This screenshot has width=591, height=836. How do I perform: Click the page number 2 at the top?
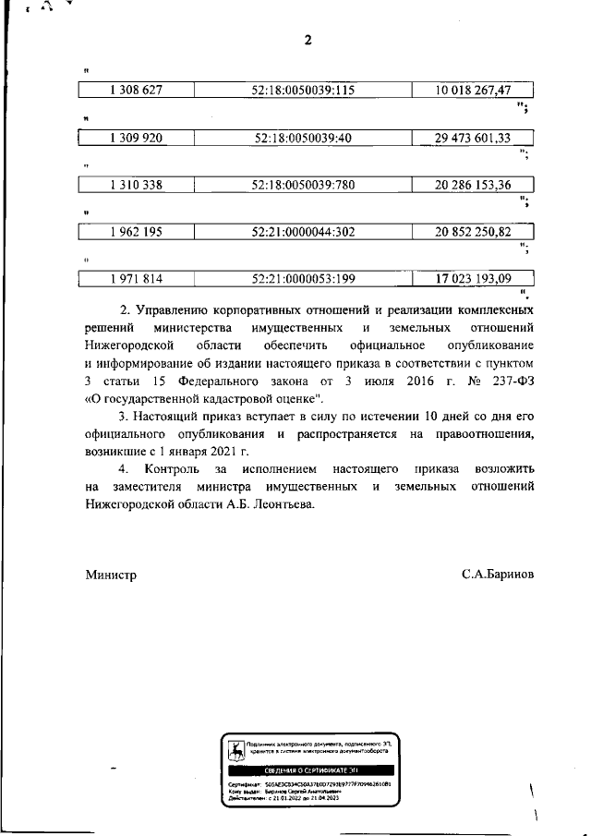(308, 39)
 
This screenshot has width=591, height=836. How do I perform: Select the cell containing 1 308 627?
(136, 91)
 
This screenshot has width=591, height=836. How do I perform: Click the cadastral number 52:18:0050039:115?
(303, 91)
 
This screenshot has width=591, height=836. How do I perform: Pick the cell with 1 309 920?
(136, 138)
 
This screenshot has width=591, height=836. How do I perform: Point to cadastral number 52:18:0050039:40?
(303, 138)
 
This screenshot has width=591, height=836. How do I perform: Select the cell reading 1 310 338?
(136, 185)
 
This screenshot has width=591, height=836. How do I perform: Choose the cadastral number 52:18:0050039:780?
(303, 185)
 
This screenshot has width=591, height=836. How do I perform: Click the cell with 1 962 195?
(136, 232)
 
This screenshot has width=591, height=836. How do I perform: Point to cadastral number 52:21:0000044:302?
(303, 232)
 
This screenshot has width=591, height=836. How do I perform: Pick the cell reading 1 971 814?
(136, 278)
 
